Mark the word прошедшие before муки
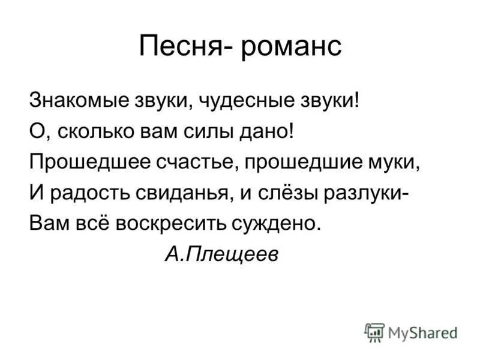point(313,163)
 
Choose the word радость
point(88,193)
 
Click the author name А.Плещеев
point(221,254)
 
